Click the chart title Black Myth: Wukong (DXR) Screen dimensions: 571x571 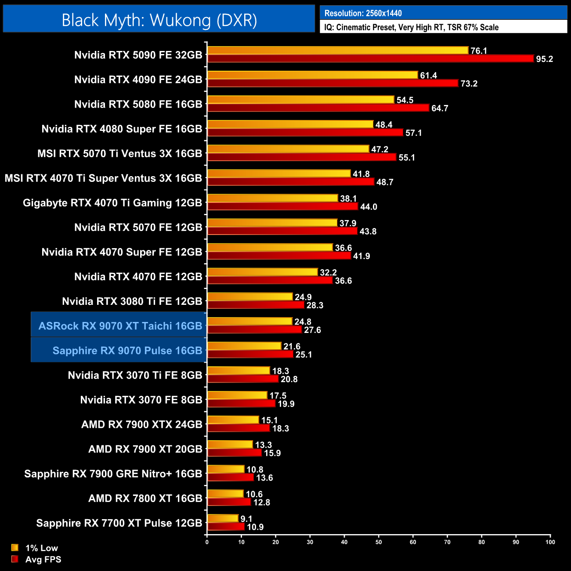point(159,20)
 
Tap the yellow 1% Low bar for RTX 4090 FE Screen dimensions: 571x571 point(312,75)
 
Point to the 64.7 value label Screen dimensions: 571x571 point(440,108)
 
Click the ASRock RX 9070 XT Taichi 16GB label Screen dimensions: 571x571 point(120,326)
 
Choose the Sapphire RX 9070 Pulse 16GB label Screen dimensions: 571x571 point(127,351)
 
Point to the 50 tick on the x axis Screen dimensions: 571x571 point(379,542)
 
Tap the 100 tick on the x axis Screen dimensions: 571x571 point(550,542)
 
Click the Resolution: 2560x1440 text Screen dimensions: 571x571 point(363,13)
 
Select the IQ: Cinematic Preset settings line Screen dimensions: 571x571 point(411,27)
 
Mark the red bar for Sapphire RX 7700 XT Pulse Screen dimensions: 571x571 point(226,527)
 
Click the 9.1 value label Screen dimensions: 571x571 point(246,519)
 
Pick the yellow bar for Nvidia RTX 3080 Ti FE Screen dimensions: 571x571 point(250,297)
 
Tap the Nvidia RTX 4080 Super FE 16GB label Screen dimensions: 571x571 point(122,129)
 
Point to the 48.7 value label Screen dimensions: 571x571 point(385,182)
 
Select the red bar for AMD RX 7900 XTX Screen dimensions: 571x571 point(239,428)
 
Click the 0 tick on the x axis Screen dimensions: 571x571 point(207,542)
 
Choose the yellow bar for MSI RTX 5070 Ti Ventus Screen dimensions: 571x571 point(288,149)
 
